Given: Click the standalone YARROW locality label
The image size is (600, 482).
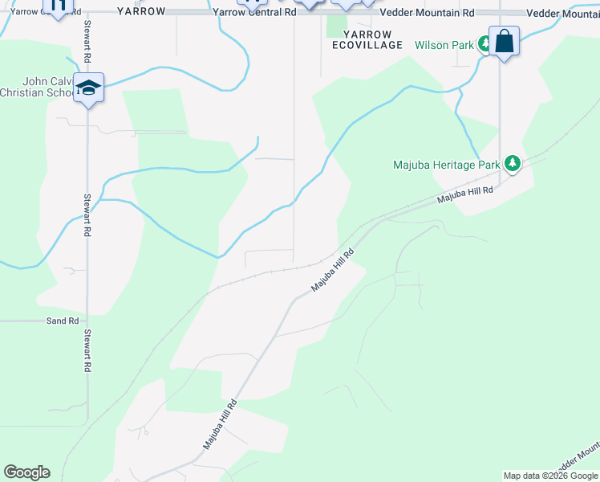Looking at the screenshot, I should click(141, 12).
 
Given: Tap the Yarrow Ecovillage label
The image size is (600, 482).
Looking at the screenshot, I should click(367, 39).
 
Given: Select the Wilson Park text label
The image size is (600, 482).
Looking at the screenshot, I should click(444, 45).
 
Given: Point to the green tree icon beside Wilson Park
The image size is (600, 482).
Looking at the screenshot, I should click(484, 43).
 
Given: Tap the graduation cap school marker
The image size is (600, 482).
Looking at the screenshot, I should click(88, 87).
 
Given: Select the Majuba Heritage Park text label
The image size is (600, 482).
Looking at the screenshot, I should click(445, 165).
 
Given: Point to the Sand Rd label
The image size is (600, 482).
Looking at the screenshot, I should click(62, 321).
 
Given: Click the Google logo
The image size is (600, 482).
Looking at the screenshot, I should click(26, 472).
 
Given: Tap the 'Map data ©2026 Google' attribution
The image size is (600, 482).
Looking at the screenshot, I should click(550, 476).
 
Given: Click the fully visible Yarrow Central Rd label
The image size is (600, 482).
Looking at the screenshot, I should click(255, 14).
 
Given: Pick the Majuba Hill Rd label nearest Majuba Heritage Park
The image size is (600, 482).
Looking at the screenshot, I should click(464, 194).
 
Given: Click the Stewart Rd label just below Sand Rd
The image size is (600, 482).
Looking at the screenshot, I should click(86, 351).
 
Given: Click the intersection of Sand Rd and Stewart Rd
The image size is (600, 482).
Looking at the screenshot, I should click(87, 321).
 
